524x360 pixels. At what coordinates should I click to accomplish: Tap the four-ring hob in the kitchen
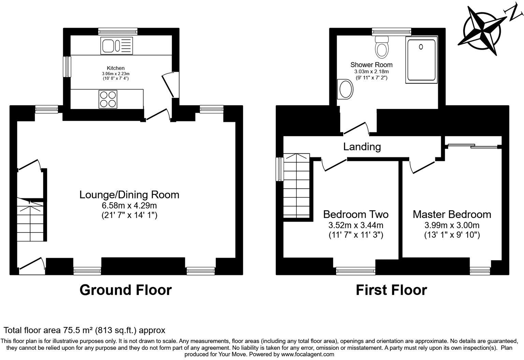(108, 99)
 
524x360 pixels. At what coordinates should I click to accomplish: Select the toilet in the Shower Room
(381, 48)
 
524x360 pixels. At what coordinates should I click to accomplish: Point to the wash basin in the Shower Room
(346, 90)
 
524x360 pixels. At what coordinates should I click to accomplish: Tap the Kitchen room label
(116, 68)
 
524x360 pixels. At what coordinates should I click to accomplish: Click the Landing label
(362, 147)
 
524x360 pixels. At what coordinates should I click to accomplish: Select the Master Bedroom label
(452, 214)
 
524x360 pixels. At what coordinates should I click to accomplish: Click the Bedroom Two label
(355, 214)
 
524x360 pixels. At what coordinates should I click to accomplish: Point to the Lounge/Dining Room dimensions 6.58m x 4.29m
(129, 205)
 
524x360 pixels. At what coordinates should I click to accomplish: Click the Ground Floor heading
(126, 290)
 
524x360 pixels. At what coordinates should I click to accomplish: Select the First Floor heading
(391, 290)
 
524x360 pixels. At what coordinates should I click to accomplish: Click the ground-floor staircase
(30, 220)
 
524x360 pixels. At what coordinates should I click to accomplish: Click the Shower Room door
(355, 128)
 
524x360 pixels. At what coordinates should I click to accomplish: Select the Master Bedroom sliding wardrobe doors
(472, 146)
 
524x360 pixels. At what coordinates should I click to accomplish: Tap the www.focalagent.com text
(307, 354)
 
